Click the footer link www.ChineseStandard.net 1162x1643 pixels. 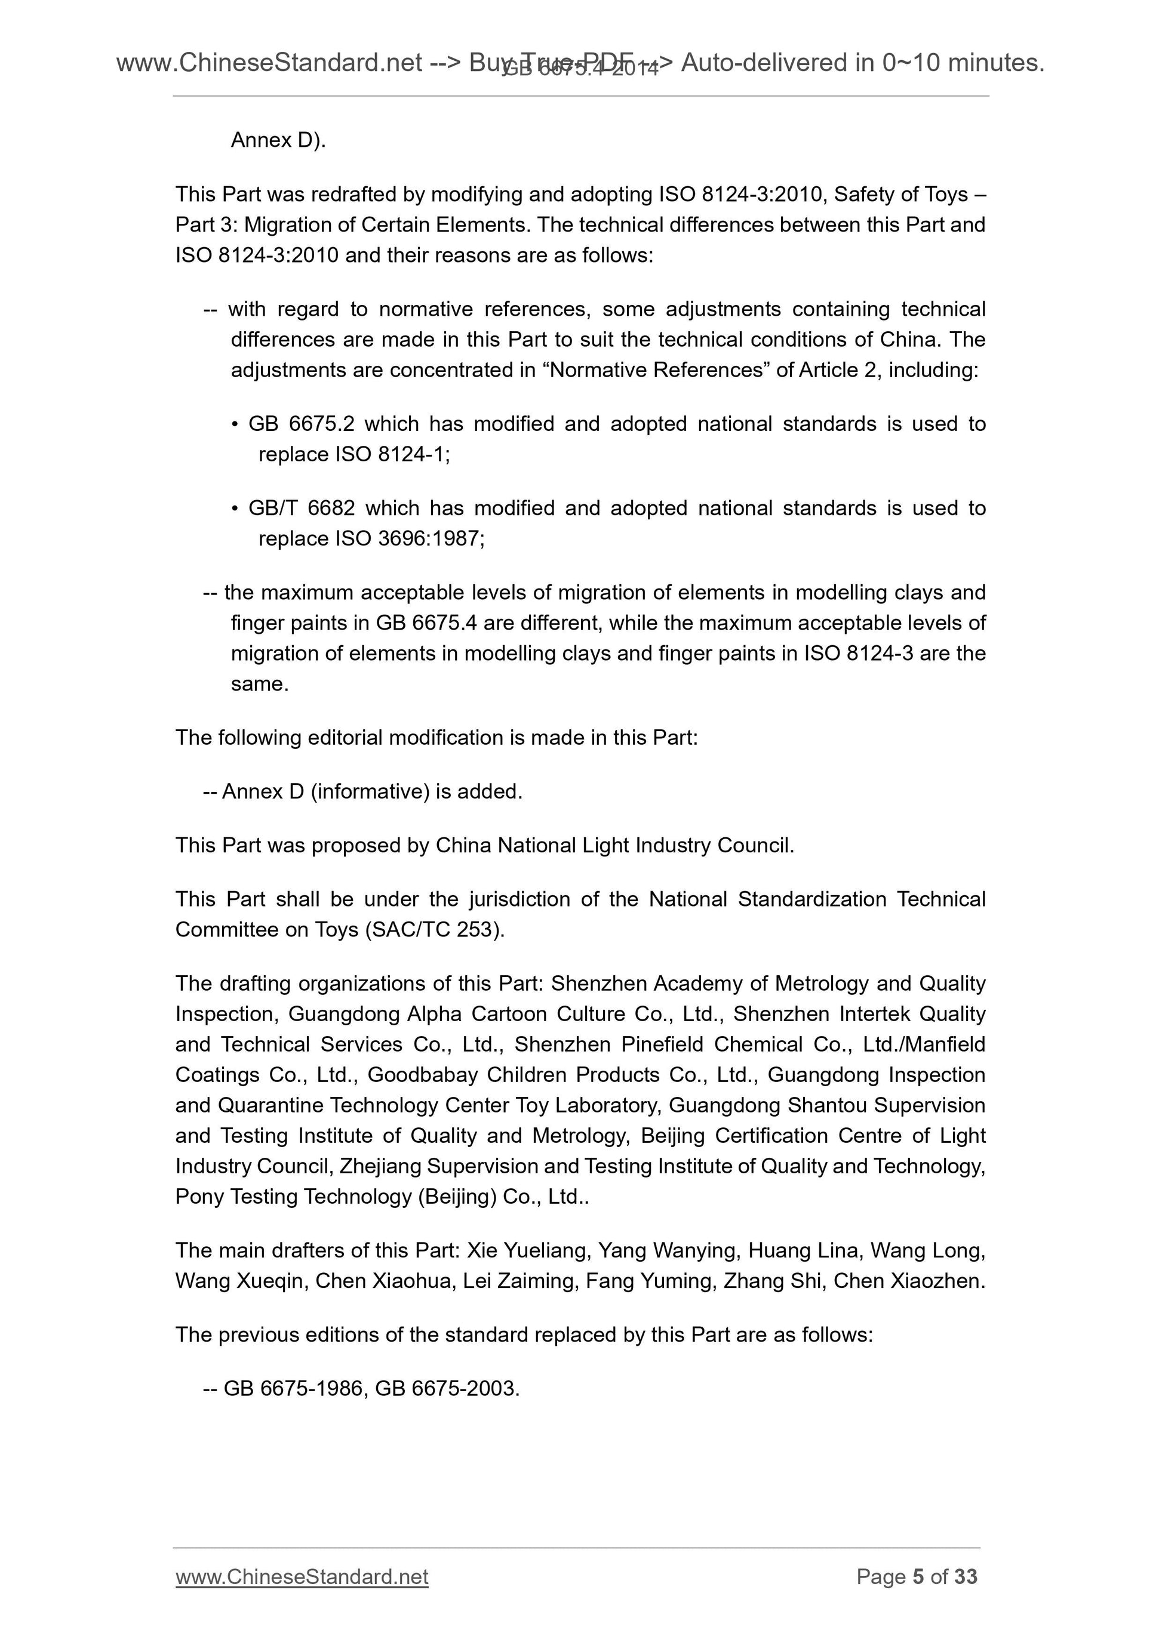(x=302, y=1596)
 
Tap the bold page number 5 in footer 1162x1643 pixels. (x=918, y=1596)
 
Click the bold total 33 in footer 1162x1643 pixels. (x=966, y=1596)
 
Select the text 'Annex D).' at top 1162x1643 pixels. (x=278, y=140)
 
